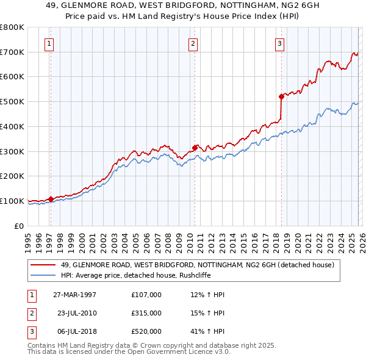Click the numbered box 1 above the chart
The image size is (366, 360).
coord(49,43)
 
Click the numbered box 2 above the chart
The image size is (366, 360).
coord(193,43)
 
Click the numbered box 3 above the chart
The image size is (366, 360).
coord(279,43)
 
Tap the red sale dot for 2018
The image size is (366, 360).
coord(281,96)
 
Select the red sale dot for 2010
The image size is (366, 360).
coord(195,147)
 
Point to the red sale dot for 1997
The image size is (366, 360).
coord(51,198)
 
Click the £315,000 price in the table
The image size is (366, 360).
coord(146,313)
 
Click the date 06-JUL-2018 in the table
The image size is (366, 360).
coord(75,331)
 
